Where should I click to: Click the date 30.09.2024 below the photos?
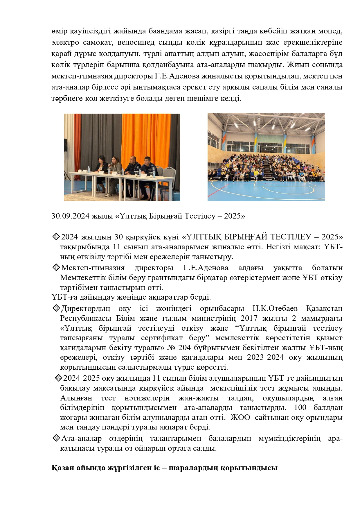point(70,216)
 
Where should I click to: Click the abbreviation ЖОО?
point(240,417)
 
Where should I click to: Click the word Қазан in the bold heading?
point(62,468)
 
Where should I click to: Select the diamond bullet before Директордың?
point(56,308)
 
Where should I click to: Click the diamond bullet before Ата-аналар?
point(56,438)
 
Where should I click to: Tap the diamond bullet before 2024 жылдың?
point(56,237)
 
